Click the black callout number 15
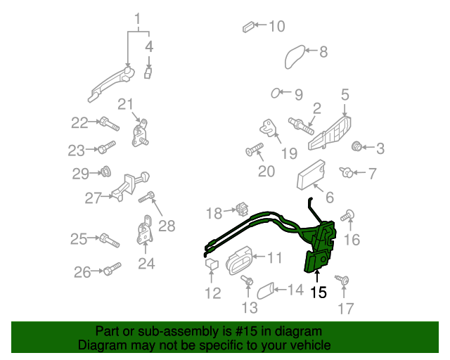pos(319,292)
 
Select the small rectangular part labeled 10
pos(247,27)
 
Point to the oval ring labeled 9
pos(276,93)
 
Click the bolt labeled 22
pos(108,124)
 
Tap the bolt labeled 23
pos(105,148)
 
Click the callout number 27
pos(93,199)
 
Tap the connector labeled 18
pos(243,209)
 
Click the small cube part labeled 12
pos(210,264)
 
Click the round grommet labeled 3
pos(357,147)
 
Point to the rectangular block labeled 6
pos(310,174)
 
